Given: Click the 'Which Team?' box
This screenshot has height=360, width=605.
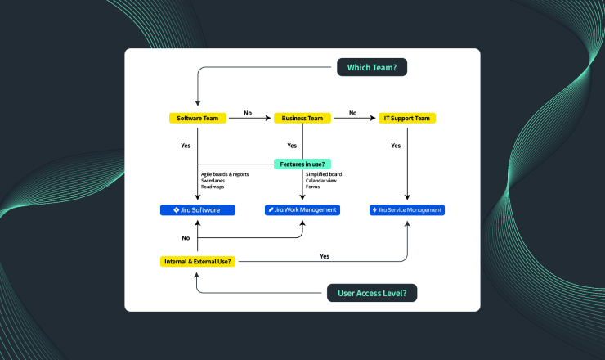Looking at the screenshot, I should coord(372,67).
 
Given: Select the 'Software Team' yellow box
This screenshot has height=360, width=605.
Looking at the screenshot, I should coord(198,118).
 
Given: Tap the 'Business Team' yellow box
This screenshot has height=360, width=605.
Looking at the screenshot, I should coord(302,118).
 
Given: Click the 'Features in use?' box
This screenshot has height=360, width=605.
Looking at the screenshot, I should coord(302,164).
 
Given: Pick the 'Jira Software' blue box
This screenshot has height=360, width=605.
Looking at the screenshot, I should coord(198,210).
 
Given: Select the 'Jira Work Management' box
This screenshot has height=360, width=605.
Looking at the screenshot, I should coord(302,210).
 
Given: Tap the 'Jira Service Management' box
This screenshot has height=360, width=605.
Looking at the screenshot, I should coord(407,210).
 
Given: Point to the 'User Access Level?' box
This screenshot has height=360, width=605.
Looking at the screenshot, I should coord(372,293).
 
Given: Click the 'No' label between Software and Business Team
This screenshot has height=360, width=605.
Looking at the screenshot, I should coord(248,113).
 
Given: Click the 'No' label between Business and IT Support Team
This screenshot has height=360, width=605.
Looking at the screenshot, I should coord(352,113).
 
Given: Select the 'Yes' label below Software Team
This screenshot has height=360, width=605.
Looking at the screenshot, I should coord(186,146).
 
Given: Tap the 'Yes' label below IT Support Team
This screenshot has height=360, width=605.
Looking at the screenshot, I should coord(396,146).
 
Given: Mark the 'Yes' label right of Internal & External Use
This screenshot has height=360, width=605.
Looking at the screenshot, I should coord(325,256).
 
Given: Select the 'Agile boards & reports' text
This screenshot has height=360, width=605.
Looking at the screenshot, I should coord(224,174).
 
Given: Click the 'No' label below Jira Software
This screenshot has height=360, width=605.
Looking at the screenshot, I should coord(186,239).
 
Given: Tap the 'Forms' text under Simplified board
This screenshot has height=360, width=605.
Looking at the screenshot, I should coord(312,187).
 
